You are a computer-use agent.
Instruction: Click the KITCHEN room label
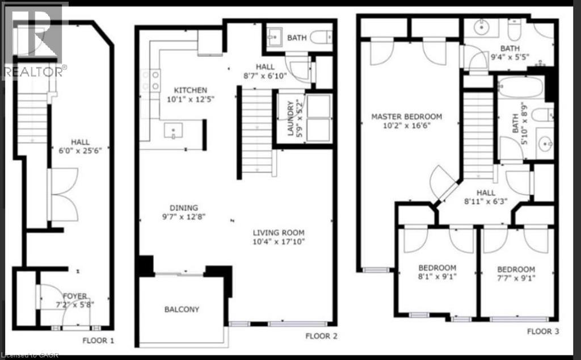190,90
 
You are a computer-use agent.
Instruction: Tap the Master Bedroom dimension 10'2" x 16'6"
406,126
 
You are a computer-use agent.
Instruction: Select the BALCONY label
182,309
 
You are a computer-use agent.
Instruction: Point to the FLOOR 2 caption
322,336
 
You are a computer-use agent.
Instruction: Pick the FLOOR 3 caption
543,331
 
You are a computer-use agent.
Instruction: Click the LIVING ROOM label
279,232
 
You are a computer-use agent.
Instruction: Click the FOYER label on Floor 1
75,296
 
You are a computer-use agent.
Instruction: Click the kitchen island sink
173,132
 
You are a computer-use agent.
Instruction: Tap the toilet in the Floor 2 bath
322,37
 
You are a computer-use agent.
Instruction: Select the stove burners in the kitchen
154,80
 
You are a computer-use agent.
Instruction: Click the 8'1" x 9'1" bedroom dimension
437,278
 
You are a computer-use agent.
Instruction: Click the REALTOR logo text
34,72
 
